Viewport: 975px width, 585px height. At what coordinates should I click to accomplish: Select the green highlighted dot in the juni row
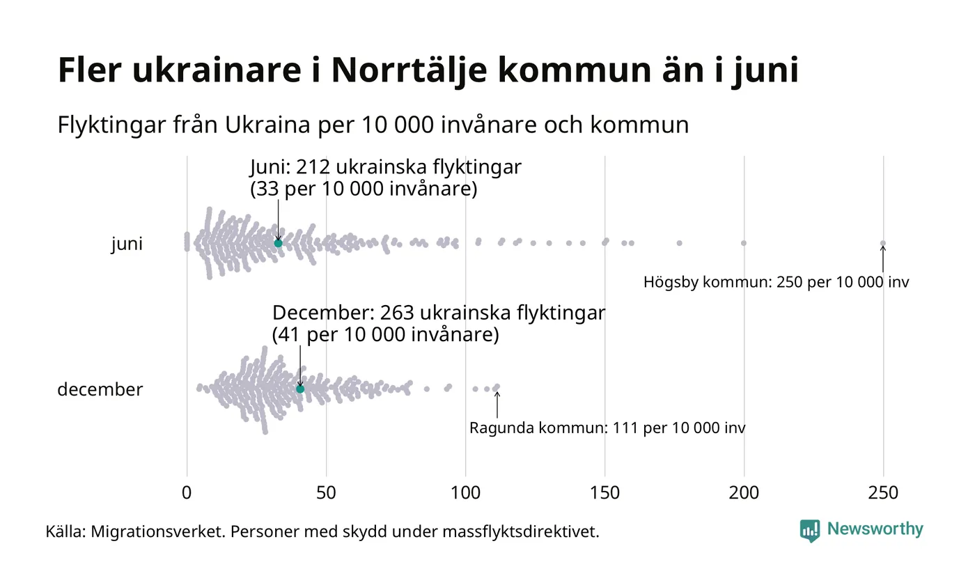click(x=279, y=243)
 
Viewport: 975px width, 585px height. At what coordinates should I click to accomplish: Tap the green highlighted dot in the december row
click(x=300, y=389)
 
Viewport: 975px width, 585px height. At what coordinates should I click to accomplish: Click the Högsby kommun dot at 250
click(x=883, y=243)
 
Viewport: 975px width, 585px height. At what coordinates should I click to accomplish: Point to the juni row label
click(x=127, y=244)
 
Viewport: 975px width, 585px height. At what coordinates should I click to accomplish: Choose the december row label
click(x=100, y=389)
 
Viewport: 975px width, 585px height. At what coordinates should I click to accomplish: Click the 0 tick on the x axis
click(x=187, y=493)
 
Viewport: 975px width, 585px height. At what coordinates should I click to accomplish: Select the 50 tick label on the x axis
click(x=326, y=493)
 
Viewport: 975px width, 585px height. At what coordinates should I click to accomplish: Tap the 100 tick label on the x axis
click(x=465, y=493)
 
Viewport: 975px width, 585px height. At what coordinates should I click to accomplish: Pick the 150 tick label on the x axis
click(x=604, y=493)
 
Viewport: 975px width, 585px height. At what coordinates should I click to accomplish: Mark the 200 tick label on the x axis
click(x=744, y=493)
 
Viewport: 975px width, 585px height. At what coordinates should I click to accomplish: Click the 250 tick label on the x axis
click(x=883, y=493)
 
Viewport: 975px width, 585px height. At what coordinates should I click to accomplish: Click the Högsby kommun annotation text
click(x=776, y=283)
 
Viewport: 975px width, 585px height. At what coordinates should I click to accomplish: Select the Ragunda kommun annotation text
click(x=607, y=428)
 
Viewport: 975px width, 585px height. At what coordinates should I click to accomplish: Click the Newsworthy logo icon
click(x=810, y=530)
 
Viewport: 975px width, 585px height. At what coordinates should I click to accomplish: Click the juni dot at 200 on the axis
click(x=744, y=243)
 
